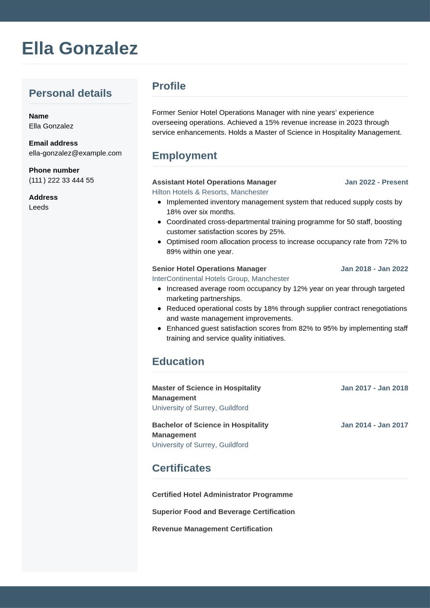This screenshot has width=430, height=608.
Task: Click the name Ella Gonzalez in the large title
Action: click(x=79, y=48)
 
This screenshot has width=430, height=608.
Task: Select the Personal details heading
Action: click(x=70, y=93)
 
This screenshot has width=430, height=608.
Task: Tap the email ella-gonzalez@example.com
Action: click(x=75, y=153)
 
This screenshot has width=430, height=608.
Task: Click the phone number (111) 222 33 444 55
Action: click(x=61, y=180)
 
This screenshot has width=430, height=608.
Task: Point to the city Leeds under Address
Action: click(x=39, y=207)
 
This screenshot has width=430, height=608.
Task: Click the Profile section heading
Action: click(x=169, y=86)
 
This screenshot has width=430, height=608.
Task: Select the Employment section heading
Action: click(x=184, y=155)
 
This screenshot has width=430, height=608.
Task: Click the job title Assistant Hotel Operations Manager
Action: click(x=214, y=182)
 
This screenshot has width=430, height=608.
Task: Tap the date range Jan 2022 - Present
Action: click(x=376, y=182)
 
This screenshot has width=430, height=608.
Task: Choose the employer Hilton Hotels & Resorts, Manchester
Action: click(x=210, y=192)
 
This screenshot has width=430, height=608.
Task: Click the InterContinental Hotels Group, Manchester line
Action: click(x=221, y=279)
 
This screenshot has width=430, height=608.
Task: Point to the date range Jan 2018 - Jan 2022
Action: click(x=374, y=269)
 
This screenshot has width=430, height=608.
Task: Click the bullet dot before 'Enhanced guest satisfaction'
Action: click(x=159, y=328)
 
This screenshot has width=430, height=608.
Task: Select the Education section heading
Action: click(x=178, y=361)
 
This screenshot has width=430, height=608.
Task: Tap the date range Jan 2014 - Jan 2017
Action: click(x=374, y=425)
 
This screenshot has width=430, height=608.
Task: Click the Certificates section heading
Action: click(x=182, y=468)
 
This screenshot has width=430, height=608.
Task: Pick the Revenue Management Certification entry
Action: click(x=212, y=529)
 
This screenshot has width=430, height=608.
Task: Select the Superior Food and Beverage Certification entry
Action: click(x=223, y=512)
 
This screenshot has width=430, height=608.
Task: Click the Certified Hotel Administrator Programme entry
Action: click(x=222, y=494)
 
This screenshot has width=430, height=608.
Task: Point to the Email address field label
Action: click(x=53, y=143)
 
